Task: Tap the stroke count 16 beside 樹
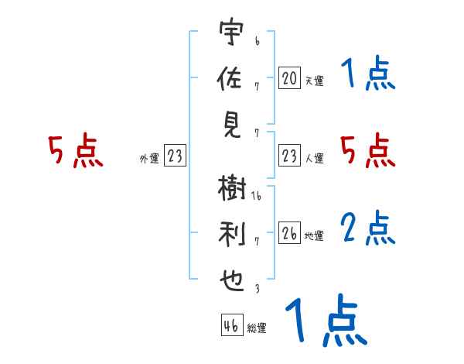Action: click(257, 197)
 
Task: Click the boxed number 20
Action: click(289, 78)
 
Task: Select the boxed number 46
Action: click(231, 326)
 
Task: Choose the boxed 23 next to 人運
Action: click(289, 156)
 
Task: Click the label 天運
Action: click(314, 81)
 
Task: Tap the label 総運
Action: click(257, 328)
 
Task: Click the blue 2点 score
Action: click(367, 229)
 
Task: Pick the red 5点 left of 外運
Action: click(75, 153)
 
